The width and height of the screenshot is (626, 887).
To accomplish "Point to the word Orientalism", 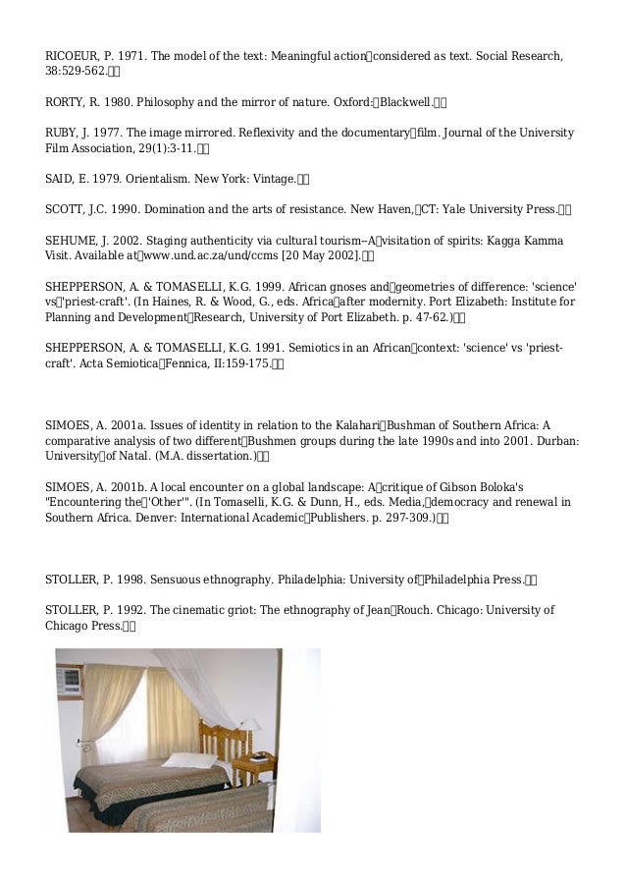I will pos(159,179).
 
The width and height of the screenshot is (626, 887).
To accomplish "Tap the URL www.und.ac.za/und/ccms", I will pos(197,256).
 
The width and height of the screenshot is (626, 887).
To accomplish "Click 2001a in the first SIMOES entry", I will pos(127,425).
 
